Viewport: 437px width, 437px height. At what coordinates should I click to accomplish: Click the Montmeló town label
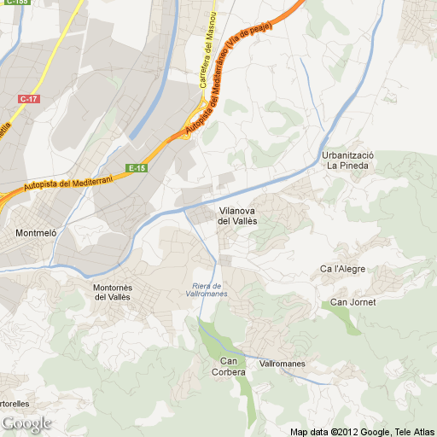pos(36,232)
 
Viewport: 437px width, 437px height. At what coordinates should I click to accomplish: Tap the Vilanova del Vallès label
pos(237,215)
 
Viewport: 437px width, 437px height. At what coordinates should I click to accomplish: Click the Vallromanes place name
pos(282,364)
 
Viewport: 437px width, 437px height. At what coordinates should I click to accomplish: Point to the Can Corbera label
pos(228,366)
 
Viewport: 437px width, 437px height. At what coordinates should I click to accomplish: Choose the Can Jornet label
pos(353,302)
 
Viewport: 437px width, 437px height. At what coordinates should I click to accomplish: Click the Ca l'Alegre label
pos(342,269)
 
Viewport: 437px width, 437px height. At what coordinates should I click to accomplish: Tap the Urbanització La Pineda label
pos(347,160)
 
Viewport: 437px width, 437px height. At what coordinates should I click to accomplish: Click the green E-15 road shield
pos(137,168)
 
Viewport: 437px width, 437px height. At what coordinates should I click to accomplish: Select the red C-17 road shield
pos(28,99)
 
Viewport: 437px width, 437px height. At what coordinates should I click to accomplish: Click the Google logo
pos(26,423)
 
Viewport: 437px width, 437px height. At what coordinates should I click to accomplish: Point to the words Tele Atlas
pos(413,431)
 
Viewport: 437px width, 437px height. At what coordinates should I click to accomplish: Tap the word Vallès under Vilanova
pos(237,221)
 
